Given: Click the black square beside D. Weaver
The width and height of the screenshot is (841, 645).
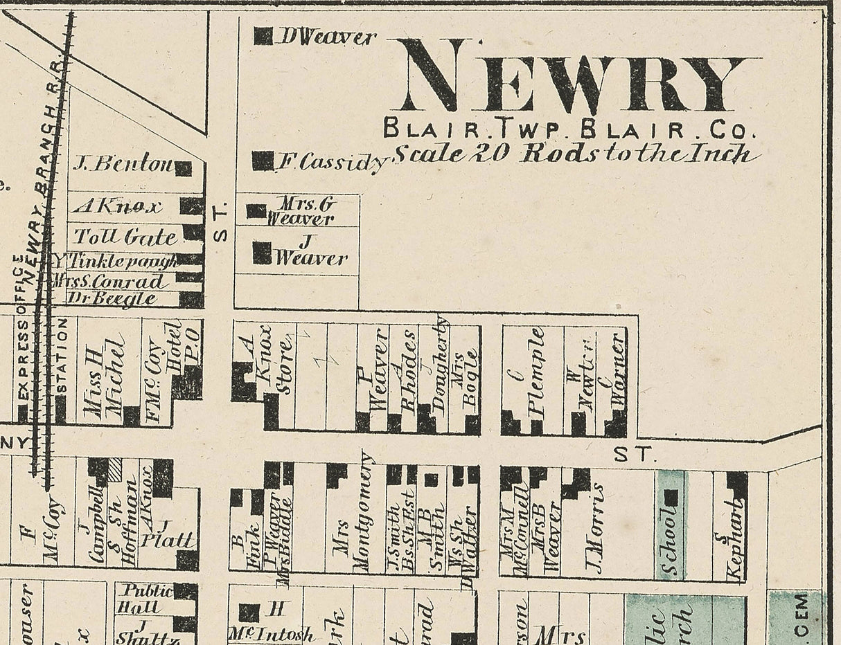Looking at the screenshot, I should pyautogui.click(x=263, y=36).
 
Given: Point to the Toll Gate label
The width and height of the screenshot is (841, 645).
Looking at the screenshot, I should pyautogui.click(x=125, y=237).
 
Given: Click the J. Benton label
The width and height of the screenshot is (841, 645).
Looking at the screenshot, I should pyautogui.click(x=123, y=164).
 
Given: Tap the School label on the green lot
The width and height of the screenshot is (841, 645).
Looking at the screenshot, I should pyautogui.click(x=669, y=540).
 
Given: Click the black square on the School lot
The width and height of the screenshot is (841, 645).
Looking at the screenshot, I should pyautogui.click(x=671, y=498).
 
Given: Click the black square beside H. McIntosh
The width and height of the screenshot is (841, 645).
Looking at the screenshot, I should pyautogui.click(x=249, y=612).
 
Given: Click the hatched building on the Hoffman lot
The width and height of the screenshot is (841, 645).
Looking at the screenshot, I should pyautogui.click(x=115, y=469).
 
